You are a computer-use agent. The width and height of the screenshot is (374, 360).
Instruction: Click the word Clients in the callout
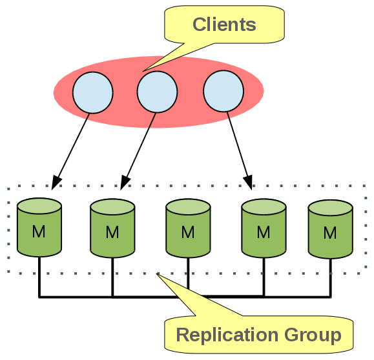[x=224, y=25]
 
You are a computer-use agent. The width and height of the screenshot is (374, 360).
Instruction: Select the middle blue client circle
[x=157, y=91]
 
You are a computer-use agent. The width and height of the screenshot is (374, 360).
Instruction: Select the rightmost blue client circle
[x=223, y=91]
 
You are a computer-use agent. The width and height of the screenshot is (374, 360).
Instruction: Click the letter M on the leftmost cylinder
[x=39, y=231]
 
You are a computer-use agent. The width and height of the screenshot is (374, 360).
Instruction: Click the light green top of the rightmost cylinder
[x=330, y=208]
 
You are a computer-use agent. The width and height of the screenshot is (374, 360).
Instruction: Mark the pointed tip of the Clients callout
[x=143, y=70]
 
